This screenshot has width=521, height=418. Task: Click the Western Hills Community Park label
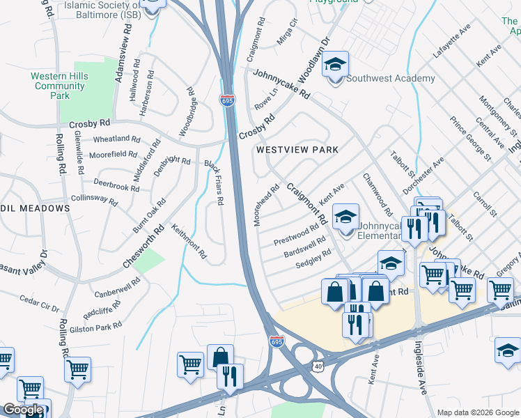click(59, 86)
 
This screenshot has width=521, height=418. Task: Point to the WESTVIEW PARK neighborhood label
click(297, 150)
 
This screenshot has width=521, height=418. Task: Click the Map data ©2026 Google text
click(478, 412)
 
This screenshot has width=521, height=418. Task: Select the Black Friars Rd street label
click(214, 183)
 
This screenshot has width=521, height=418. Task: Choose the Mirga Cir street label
click(287, 31)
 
